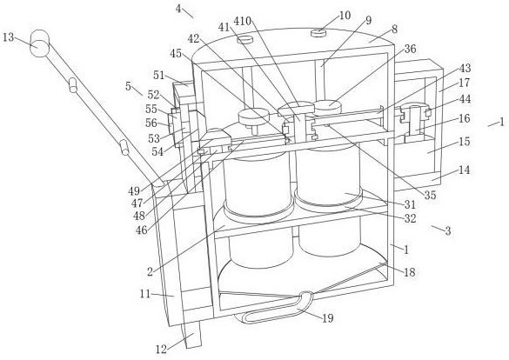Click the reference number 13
(x=9, y=37)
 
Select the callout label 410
(x=243, y=22)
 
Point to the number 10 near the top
(x=345, y=16)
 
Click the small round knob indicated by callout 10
(x=318, y=33)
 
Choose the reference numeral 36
(x=411, y=49)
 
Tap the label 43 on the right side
(x=465, y=68)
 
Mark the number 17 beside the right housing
(x=465, y=83)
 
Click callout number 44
(x=465, y=99)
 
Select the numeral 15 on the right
(x=465, y=142)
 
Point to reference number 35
(x=431, y=196)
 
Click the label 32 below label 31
(x=411, y=218)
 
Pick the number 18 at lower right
(x=410, y=272)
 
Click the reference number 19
(x=328, y=318)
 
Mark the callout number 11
(x=145, y=294)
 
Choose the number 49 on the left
(x=134, y=191)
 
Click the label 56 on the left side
(x=151, y=123)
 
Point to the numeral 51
(x=159, y=76)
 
